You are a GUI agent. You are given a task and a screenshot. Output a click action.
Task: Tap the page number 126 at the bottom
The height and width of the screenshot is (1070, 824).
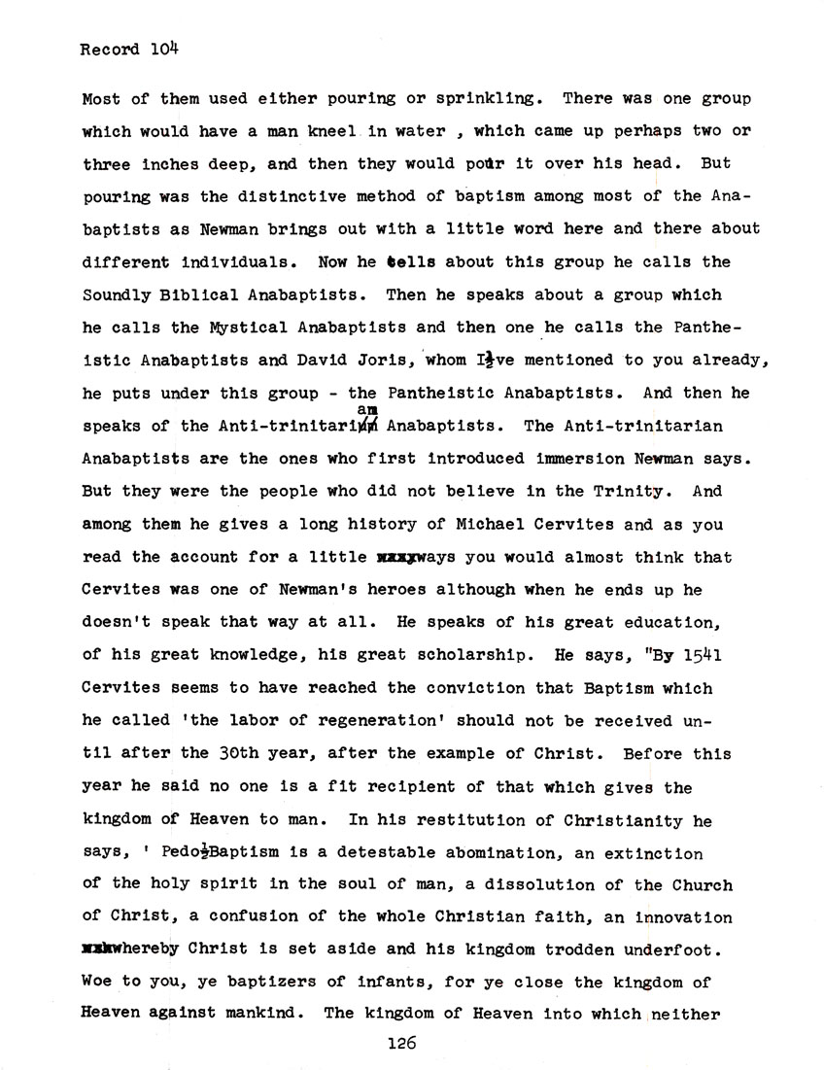click(x=400, y=1045)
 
